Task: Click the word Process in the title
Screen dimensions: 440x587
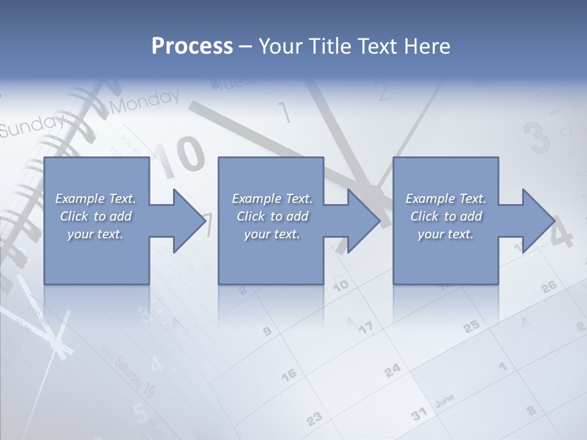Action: tap(192, 46)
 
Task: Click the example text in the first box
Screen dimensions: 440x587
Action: tap(95, 216)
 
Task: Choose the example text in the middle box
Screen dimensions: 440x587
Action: tap(272, 216)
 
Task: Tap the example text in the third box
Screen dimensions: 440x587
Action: tap(446, 216)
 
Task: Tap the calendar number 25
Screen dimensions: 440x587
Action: tap(471, 327)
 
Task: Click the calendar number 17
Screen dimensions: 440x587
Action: tap(365, 328)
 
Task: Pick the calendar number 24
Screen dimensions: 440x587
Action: tap(393, 370)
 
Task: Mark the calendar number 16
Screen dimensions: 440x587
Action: tap(289, 373)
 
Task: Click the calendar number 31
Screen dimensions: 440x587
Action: tap(419, 414)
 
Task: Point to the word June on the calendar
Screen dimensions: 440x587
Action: tap(445, 402)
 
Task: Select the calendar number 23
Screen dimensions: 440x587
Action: tap(314, 419)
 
